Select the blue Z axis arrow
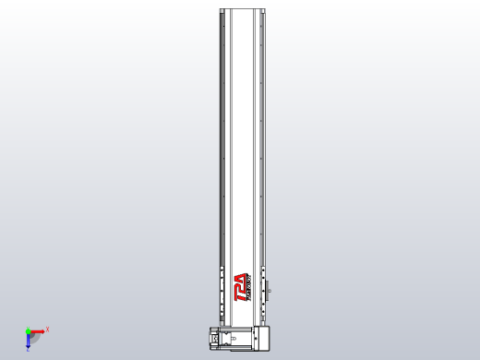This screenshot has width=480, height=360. pyautogui.click(x=28, y=341)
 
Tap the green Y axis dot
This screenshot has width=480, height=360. pyautogui.click(x=28, y=330)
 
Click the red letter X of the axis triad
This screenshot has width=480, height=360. pyautogui.click(x=47, y=329)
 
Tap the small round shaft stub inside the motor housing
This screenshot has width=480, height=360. pyautogui.click(x=233, y=339)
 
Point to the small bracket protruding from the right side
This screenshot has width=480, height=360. pyautogui.click(x=270, y=292)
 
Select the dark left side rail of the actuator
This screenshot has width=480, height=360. pyautogui.click(x=222, y=138)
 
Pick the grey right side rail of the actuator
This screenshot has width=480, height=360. pyautogui.click(x=263, y=138)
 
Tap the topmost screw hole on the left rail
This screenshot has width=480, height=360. pyautogui.click(x=222, y=25)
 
